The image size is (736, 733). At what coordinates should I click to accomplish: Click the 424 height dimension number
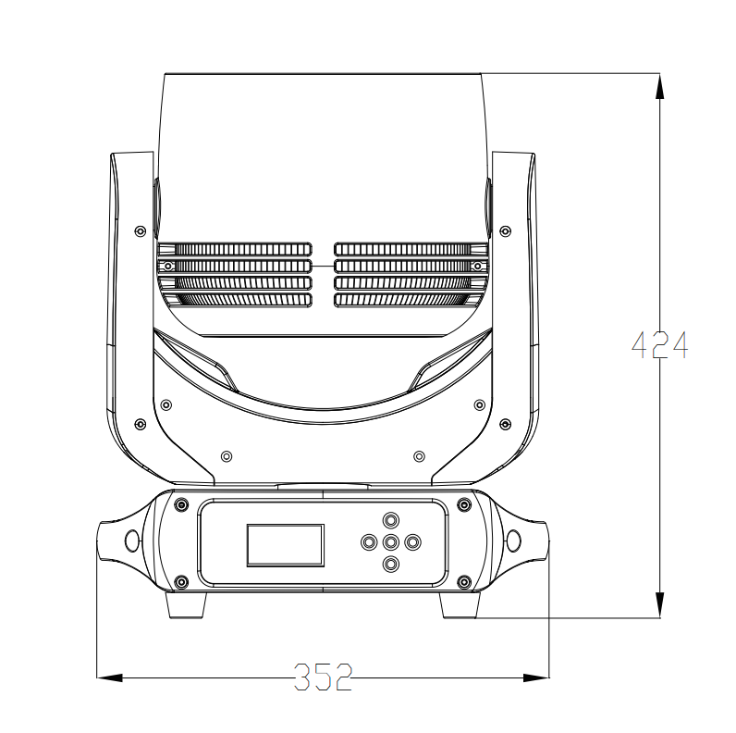(x=659, y=345)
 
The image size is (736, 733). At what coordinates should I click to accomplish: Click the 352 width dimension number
(x=323, y=677)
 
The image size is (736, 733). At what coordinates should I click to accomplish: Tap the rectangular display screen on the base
(x=286, y=545)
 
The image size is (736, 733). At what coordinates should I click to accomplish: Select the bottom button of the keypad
(x=391, y=564)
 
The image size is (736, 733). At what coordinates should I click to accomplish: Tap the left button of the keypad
(x=370, y=542)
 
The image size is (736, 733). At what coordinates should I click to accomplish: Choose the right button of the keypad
(x=412, y=542)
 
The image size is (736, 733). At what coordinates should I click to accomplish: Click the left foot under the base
(x=187, y=605)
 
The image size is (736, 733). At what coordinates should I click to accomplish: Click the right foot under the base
(x=460, y=605)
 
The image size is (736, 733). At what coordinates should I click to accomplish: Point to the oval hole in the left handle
(x=132, y=540)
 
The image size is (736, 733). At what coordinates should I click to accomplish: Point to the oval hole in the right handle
(x=514, y=540)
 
